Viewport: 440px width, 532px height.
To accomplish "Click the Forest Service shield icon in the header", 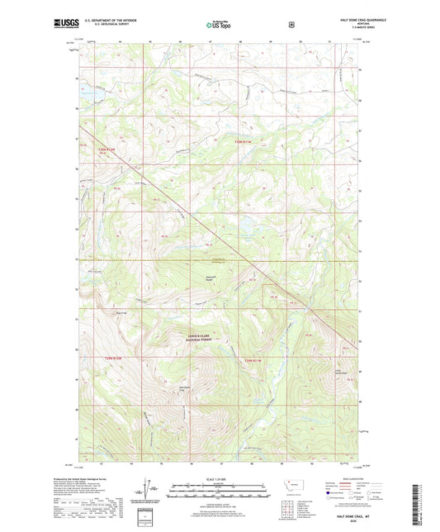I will (291, 24).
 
